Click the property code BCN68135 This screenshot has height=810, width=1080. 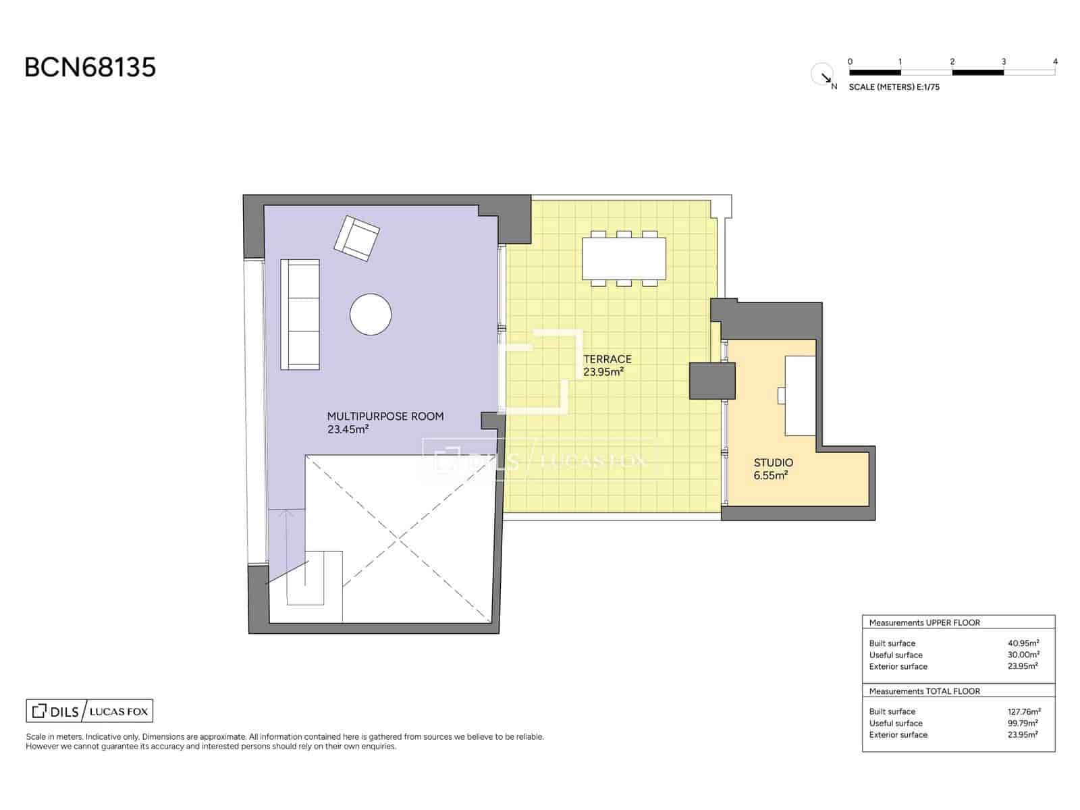(x=90, y=67)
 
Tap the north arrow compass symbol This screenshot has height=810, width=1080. (x=822, y=74)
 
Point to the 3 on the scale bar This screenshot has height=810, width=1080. (x=1003, y=61)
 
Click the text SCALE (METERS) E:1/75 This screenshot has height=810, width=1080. (x=894, y=87)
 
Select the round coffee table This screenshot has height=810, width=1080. (x=371, y=314)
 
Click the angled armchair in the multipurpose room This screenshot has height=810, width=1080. (x=356, y=238)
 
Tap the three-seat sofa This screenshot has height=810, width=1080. (x=300, y=314)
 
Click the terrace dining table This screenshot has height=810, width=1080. (x=624, y=259)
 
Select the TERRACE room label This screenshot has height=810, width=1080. (x=607, y=359)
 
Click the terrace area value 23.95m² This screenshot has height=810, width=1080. (x=603, y=372)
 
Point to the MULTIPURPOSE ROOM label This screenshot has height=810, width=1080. (x=385, y=416)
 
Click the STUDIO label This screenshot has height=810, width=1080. (x=773, y=463)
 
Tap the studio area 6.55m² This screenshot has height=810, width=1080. (x=770, y=475)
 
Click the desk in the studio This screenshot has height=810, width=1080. (x=800, y=396)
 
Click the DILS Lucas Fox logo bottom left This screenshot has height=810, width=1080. (x=89, y=711)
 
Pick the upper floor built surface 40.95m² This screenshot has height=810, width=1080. (x=1023, y=643)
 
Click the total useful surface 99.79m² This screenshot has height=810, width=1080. (x=1023, y=723)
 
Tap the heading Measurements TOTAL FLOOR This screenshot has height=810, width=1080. (x=924, y=691)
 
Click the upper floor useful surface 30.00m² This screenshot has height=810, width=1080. (x=1023, y=655)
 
